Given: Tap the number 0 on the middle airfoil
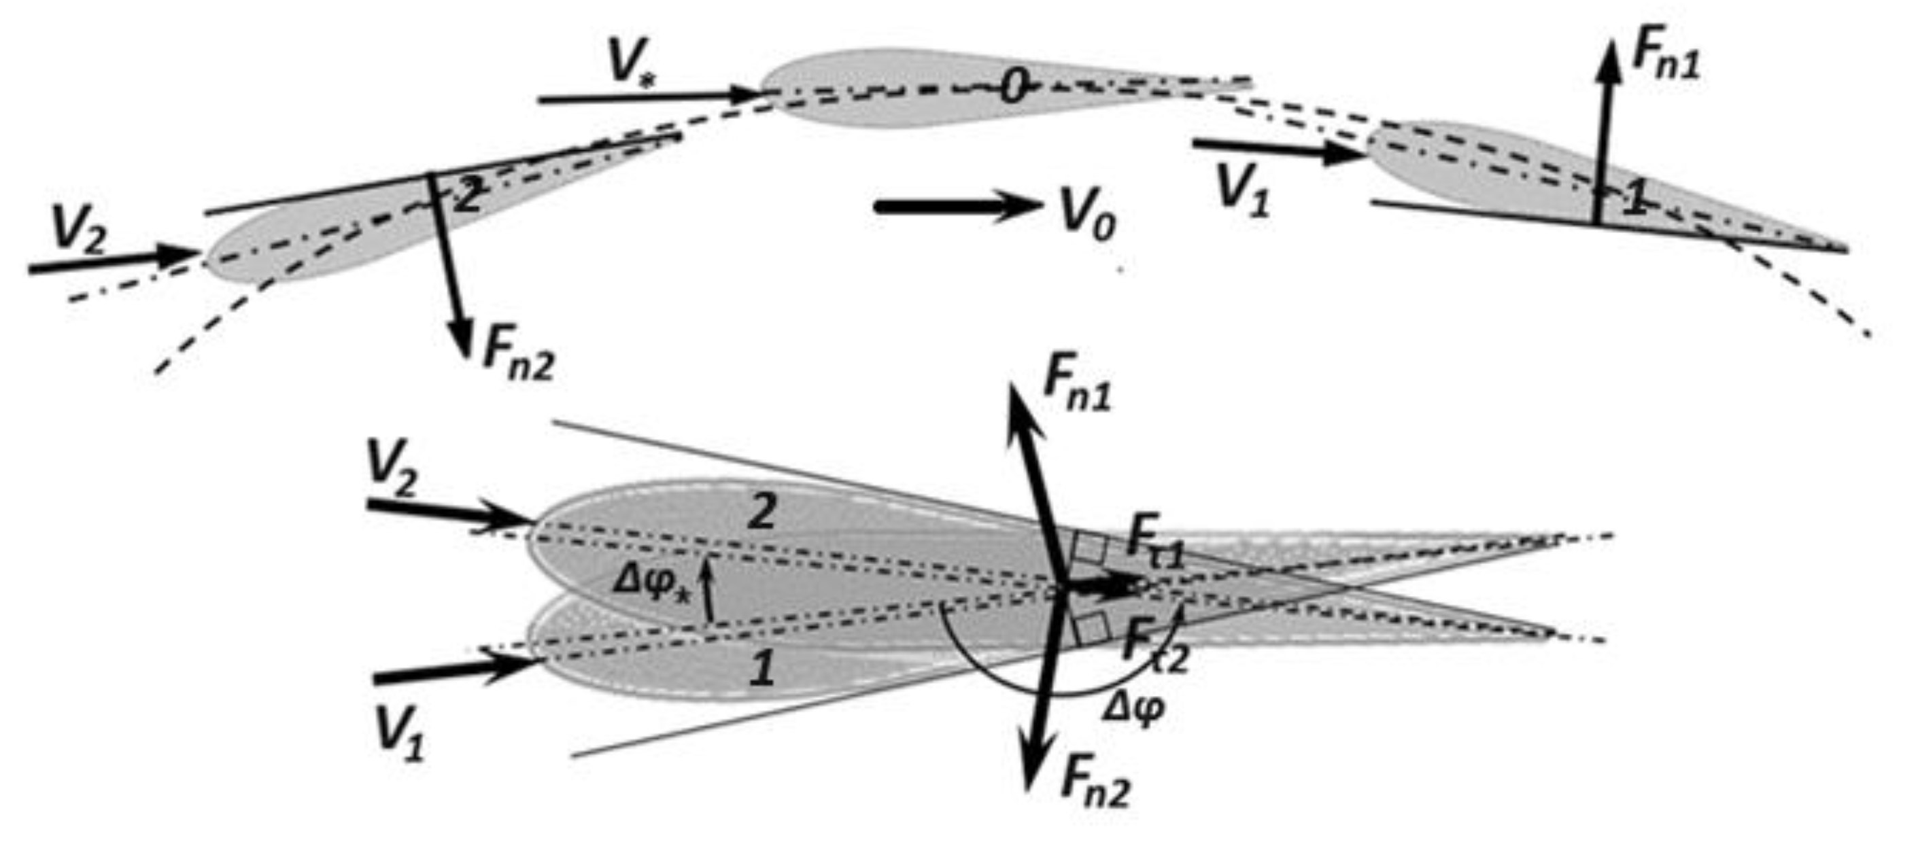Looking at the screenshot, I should click(x=1014, y=88).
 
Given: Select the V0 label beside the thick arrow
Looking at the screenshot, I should click(x=1088, y=216).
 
